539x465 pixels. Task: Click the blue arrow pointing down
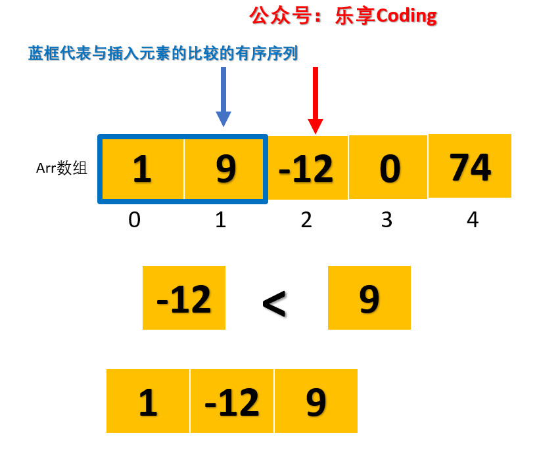[223, 96]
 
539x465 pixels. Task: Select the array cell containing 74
[470, 166]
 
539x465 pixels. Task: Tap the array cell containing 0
[389, 167]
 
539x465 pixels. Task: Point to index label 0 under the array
[134, 219]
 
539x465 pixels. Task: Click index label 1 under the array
[221, 219]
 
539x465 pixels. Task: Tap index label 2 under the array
[306, 219]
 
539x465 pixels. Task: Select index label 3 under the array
[387, 219]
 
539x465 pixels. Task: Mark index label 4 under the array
[472, 219]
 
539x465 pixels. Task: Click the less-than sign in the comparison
[274, 303]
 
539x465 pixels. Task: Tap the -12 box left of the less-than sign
[184, 298]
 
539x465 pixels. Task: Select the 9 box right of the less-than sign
[369, 298]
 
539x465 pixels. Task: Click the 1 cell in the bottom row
[148, 401]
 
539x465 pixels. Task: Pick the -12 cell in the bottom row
[232, 401]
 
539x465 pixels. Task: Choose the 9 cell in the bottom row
[316, 401]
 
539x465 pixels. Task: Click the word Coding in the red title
[406, 16]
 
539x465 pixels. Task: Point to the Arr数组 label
[62, 168]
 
